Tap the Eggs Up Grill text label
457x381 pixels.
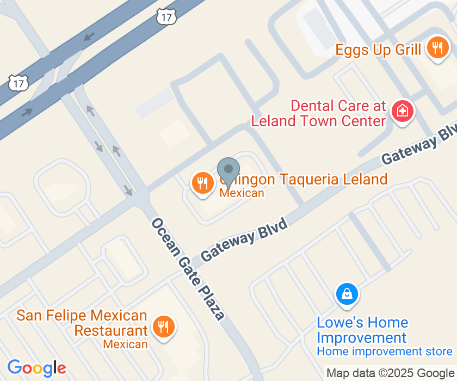tap(378, 50)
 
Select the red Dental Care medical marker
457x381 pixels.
tap(403, 112)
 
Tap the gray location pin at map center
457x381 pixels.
tap(228, 170)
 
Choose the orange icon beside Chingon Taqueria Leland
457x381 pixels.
tap(203, 183)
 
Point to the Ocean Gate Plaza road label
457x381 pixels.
tap(188, 269)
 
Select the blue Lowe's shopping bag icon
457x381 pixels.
tap(347, 294)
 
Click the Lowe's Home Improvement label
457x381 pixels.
tap(362, 330)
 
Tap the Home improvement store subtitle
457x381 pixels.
tap(385, 352)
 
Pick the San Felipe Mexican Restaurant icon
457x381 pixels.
tap(162, 327)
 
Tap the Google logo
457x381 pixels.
tap(36, 368)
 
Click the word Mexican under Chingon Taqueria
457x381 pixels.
tap(242, 193)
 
